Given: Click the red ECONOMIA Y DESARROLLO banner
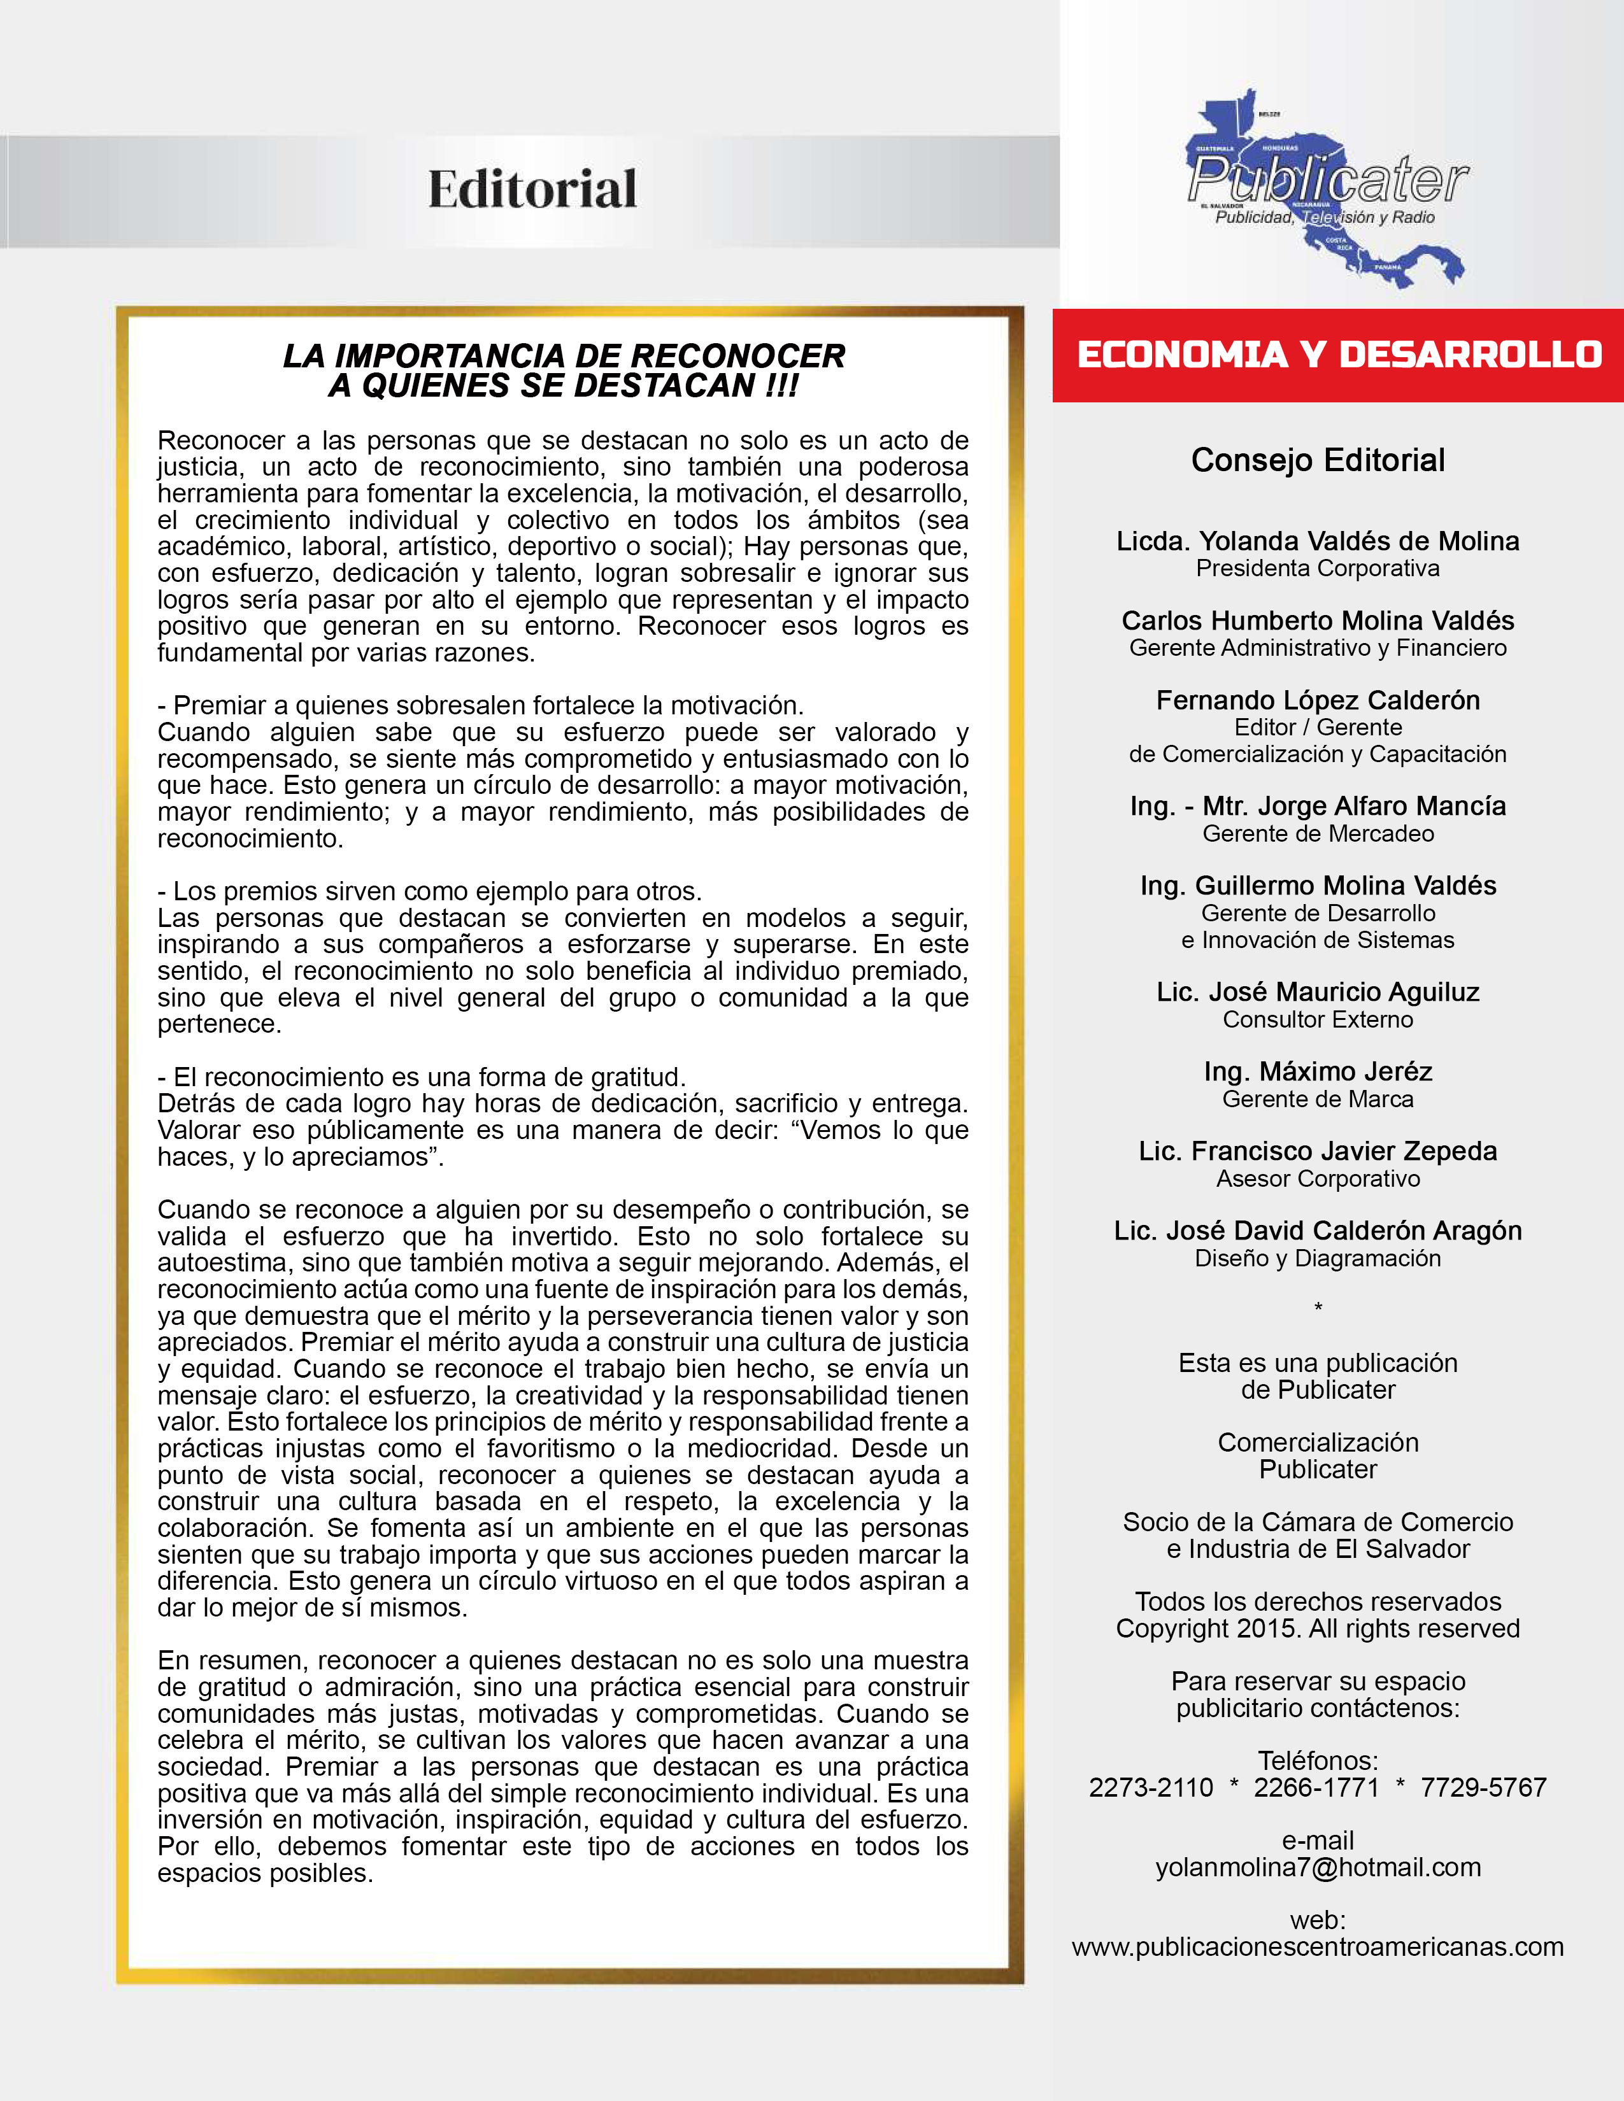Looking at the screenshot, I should (1338, 355).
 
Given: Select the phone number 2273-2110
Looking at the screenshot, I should (1151, 1787).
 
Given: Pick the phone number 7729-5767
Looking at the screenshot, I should (1483, 1787).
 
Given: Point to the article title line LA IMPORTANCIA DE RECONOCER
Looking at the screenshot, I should (564, 356).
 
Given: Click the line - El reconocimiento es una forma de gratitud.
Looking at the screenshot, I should (422, 1077).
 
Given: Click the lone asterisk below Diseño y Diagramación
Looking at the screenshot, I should (1318, 1307).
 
